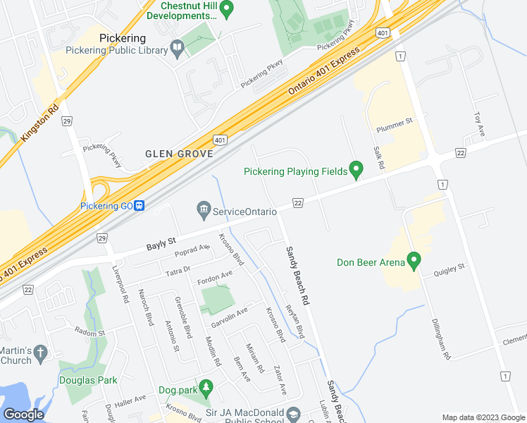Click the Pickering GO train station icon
pyautogui.click(x=140, y=206)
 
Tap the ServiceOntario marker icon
pyautogui.click(x=204, y=209)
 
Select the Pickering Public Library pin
pyautogui.click(x=177, y=49)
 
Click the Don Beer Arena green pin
pyautogui.click(x=414, y=261)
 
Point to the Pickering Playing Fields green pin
pyautogui.click(x=356, y=169)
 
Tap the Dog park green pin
pyautogui.click(x=206, y=387)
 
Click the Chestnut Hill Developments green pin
pyautogui.click(x=226, y=8)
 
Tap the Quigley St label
pyautogui.click(x=449, y=267)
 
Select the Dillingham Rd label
pyautogui.click(x=440, y=338)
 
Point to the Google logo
pyautogui.click(x=23, y=415)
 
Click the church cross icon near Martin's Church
pyautogui.click(x=42, y=352)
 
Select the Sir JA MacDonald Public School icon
pyautogui.click(x=293, y=412)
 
